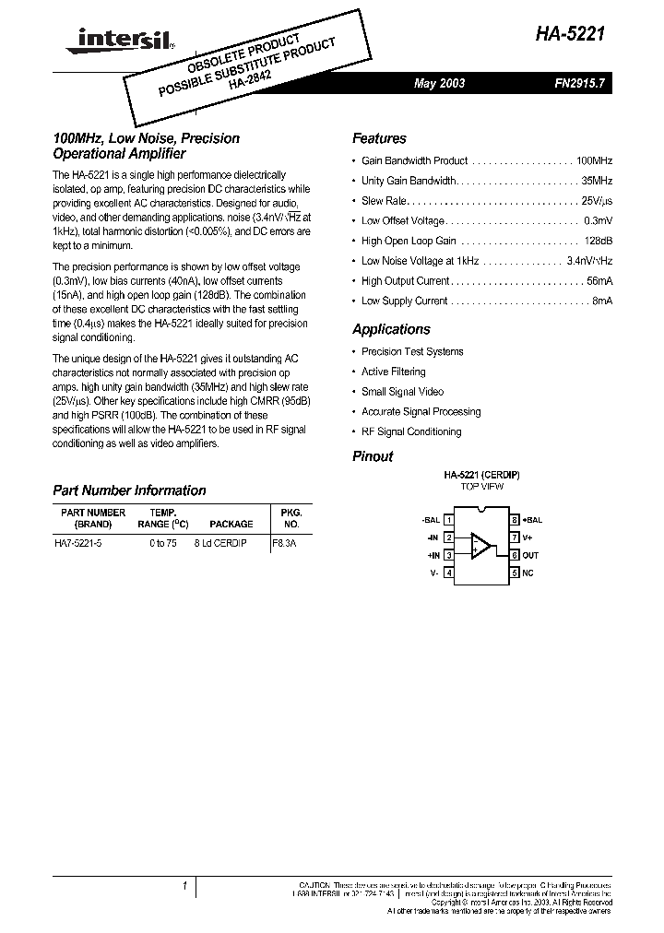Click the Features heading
coord(379,138)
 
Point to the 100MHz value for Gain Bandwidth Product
coord(593,161)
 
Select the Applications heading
coord(391,329)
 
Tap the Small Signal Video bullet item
coord(402,392)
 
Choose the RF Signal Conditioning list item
coord(411,431)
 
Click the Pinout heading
coord(373,456)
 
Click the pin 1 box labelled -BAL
coord(449,520)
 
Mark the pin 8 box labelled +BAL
coord(516,520)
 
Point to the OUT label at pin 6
coord(530,555)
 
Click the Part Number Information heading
coord(129,490)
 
